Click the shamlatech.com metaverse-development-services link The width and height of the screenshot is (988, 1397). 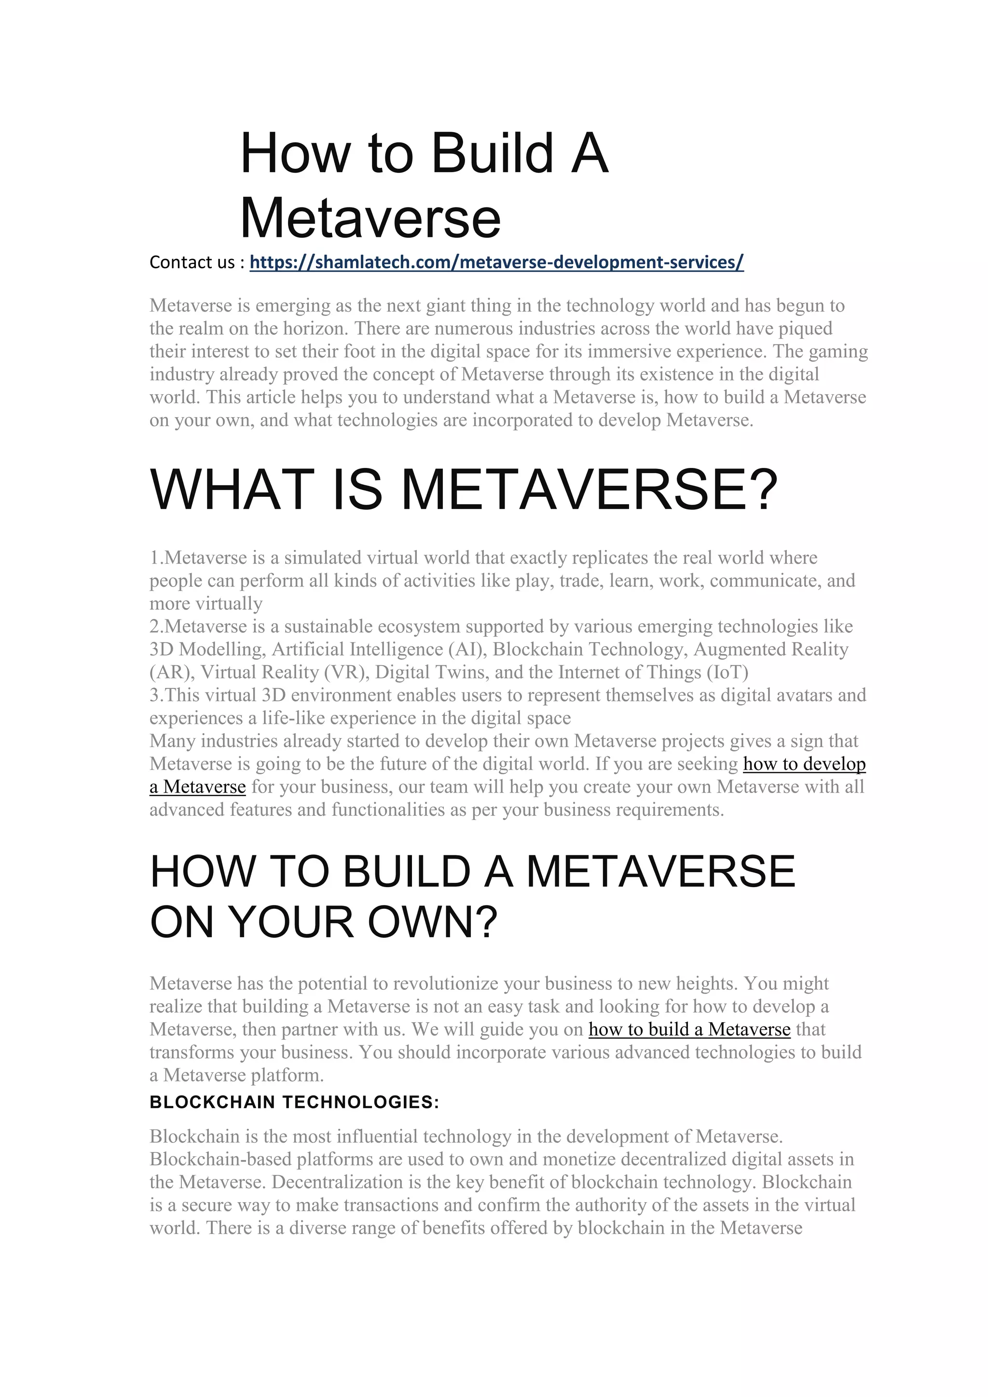coord(496,262)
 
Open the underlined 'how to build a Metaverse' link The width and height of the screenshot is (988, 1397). coord(689,1029)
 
